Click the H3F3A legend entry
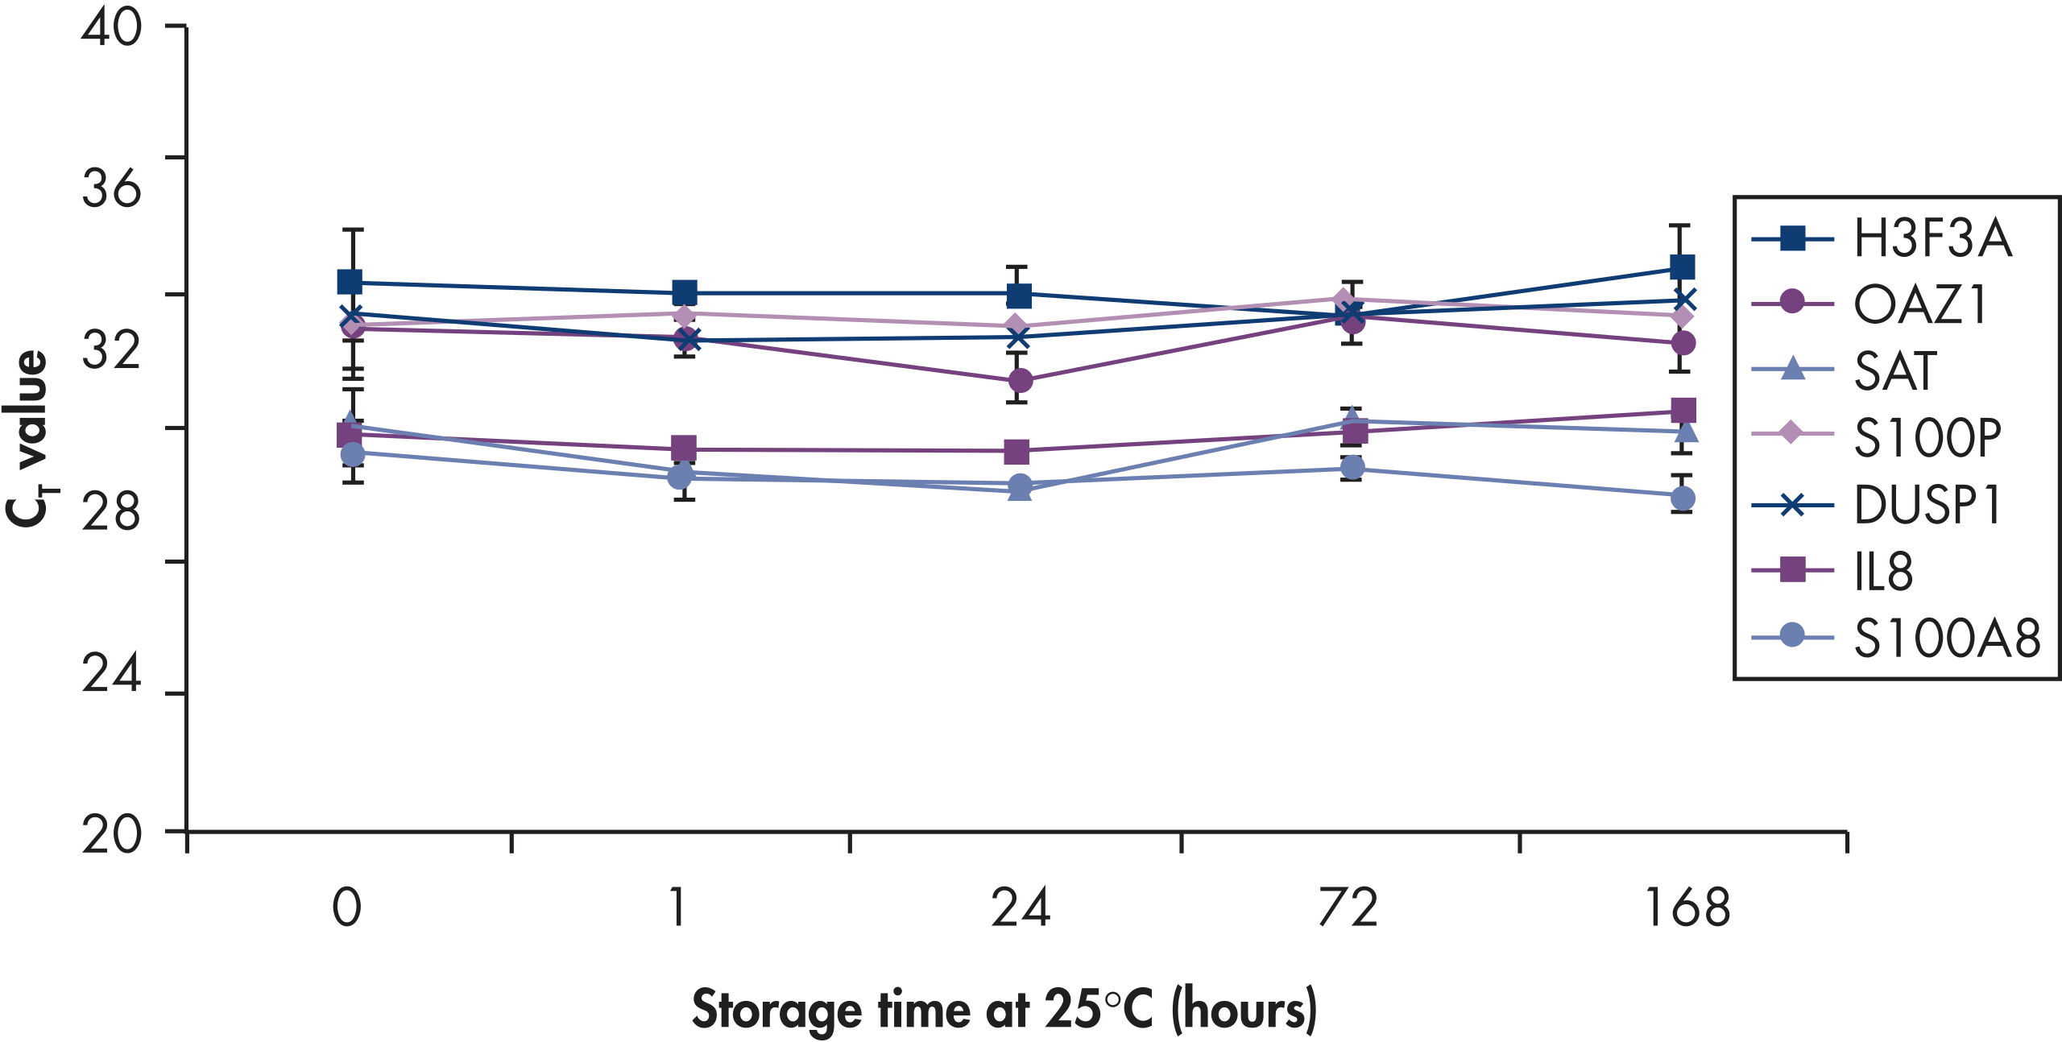click(x=1932, y=239)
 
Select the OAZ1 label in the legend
click(x=1920, y=305)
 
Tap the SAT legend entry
click(x=1894, y=371)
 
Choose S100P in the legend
click(x=1927, y=438)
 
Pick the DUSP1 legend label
click(x=1927, y=505)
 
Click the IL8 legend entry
click(x=1883, y=572)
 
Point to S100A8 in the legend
click(x=1946, y=639)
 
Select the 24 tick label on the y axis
click(x=111, y=675)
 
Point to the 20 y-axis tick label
click(x=111, y=836)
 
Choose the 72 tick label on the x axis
click(x=1348, y=908)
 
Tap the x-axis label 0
click(x=346, y=908)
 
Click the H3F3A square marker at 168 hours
click(x=1682, y=267)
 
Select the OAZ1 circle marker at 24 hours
click(x=1019, y=380)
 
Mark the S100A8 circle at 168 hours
click(x=1682, y=498)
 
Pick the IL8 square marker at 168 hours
click(x=1683, y=411)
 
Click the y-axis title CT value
click(x=29, y=439)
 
